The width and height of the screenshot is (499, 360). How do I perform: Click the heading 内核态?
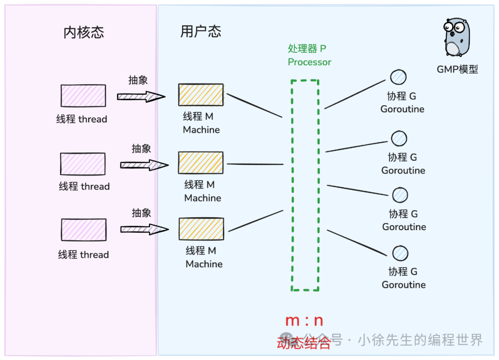[x=84, y=32]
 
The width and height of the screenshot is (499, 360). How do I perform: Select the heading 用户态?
[x=201, y=31]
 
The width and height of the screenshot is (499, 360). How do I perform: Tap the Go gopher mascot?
[x=456, y=37]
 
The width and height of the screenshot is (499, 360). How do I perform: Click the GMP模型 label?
[x=457, y=69]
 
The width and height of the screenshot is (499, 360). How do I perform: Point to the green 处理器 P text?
[x=307, y=49]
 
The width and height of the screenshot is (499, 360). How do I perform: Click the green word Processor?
[x=309, y=62]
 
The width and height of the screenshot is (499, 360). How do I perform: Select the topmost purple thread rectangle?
[x=83, y=96]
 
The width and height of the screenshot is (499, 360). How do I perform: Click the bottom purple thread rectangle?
[x=84, y=230]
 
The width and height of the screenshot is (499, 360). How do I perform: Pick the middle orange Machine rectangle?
[x=201, y=163]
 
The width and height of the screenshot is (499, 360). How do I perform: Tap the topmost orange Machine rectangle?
[x=201, y=95]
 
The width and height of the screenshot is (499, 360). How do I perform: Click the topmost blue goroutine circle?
[x=398, y=77]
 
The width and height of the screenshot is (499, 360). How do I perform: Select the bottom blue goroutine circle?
[x=400, y=253]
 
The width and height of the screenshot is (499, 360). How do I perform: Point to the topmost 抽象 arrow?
[x=141, y=97]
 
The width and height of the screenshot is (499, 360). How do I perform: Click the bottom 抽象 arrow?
[x=145, y=229]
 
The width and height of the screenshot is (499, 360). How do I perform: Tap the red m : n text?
[x=304, y=321]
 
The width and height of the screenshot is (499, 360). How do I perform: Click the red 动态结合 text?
[x=304, y=343]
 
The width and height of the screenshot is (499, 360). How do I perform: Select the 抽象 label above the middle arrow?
[x=141, y=149]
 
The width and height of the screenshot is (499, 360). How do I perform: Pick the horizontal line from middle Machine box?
[x=255, y=164]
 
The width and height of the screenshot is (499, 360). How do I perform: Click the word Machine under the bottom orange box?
[x=204, y=264]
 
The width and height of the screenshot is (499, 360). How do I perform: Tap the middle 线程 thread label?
[x=84, y=186]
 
